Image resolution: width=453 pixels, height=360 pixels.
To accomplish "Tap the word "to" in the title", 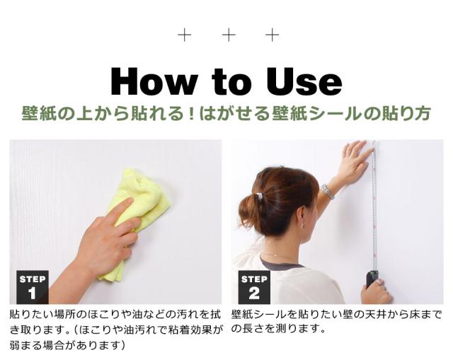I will pyautogui.click(x=229, y=83).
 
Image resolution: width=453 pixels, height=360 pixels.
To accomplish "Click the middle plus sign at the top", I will pyautogui.click(x=228, y=35).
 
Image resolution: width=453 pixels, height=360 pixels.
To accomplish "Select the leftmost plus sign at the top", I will pyautogui.click(x=184, y=35).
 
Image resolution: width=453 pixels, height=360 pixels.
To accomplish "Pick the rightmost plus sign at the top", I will pyautogui.click(x=272, y=35).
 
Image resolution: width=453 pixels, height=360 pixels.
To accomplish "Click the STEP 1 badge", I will pyautogui.click(x=32, y=286).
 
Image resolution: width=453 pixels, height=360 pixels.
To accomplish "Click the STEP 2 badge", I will pyautogui.click(x=254, y=286).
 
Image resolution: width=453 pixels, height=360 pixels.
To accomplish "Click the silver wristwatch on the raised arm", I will pyautogui.click(x=327, y=191).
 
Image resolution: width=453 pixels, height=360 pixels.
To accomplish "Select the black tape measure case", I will pyautogui.click(x=372, y=277).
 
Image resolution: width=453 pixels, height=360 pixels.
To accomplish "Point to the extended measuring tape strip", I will pyautogui.click(x=374, y=212).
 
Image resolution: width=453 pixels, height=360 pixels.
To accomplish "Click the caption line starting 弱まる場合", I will pyautogui.click(x=67, y=346).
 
